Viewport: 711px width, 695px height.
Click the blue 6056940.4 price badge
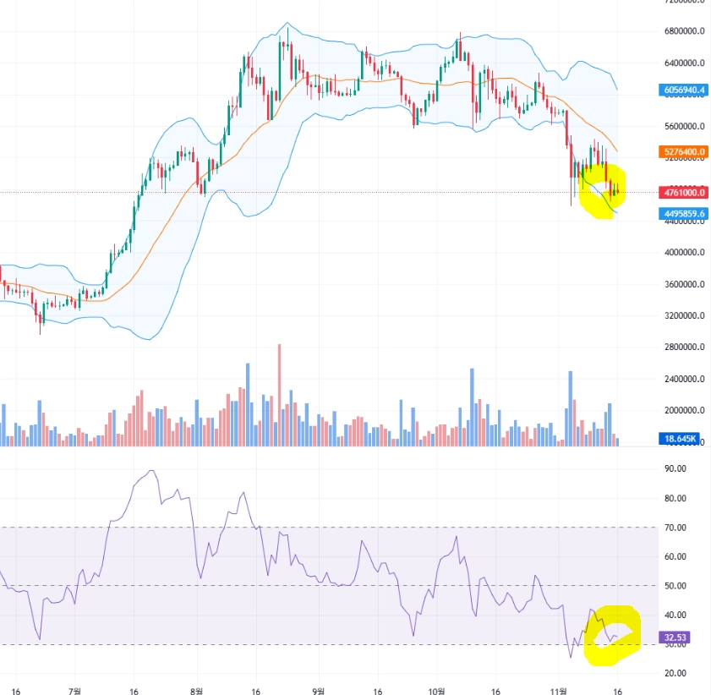click(684, 90)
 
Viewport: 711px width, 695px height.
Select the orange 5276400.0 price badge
click(684, 152)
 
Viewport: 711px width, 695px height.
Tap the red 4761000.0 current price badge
click(684, 192)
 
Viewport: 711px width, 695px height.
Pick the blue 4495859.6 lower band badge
click(684, 214)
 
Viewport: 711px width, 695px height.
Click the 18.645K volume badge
click(681, 439)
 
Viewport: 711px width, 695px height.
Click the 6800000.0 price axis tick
click(684, 31)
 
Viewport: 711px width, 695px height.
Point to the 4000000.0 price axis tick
click(684, 253)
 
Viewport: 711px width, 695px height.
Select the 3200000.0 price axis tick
click(684, 316)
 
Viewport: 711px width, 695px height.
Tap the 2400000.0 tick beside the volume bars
click(684, 379)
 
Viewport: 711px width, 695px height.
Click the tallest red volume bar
click(279, 394)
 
